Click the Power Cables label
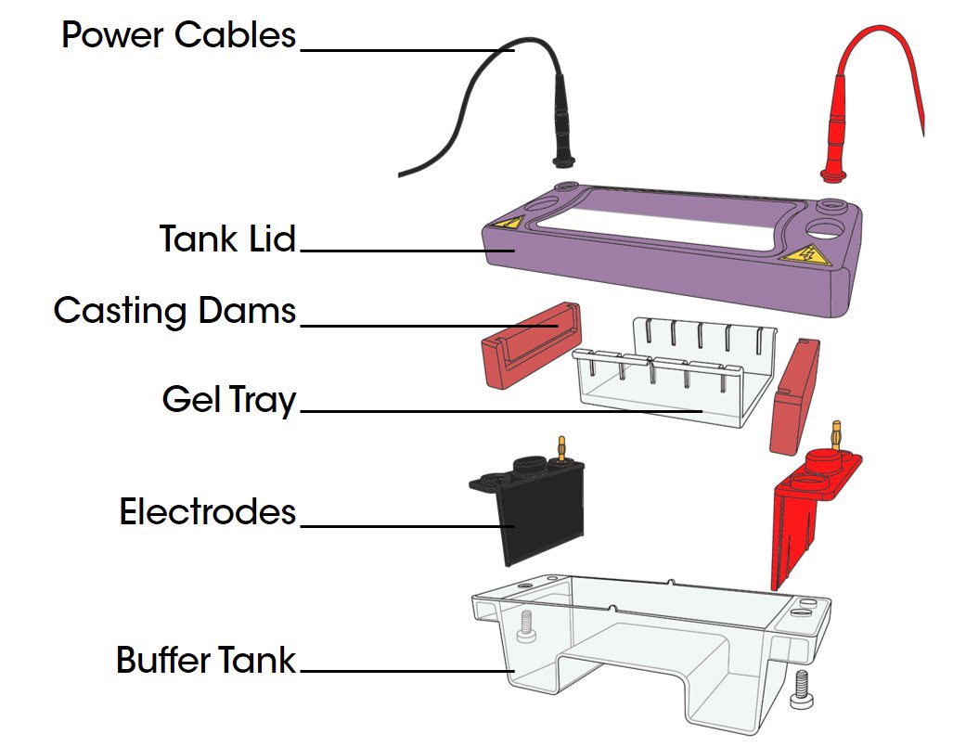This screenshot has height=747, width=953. pos(178,35)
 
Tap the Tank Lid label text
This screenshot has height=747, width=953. pos(227,238)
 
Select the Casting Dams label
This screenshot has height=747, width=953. pos(174,310)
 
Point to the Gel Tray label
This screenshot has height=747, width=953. pos(228,401)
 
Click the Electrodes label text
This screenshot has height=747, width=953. pos(207,511)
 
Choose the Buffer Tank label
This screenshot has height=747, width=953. pos(205,661)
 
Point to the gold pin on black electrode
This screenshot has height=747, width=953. pos(560,446)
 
